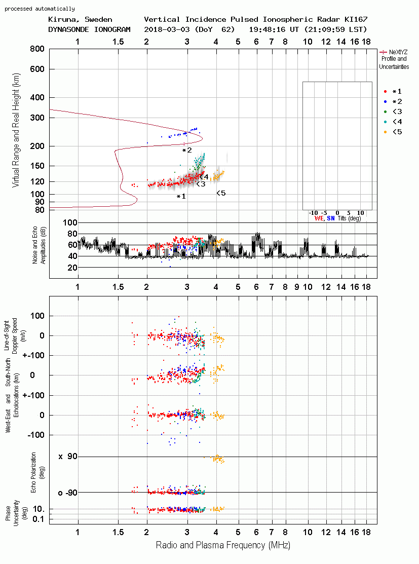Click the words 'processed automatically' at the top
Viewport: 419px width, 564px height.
[40, 9]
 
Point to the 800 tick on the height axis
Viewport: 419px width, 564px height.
[37, 49]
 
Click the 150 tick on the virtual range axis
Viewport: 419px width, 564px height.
[37, 166]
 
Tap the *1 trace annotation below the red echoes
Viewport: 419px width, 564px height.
[181, 197]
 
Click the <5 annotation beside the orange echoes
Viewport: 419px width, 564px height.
[221, 193]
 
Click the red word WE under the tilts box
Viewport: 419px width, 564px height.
[319, 218]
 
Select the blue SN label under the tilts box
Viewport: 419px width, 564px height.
[330, 218]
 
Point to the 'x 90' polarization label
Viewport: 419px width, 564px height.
[68, 457]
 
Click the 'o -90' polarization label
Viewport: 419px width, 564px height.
[68, 493]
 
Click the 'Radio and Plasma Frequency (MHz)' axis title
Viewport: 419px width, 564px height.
[223, 545]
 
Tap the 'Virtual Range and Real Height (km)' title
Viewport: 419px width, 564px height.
[16, 130]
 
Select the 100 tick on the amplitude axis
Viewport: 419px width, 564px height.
[70, 222]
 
